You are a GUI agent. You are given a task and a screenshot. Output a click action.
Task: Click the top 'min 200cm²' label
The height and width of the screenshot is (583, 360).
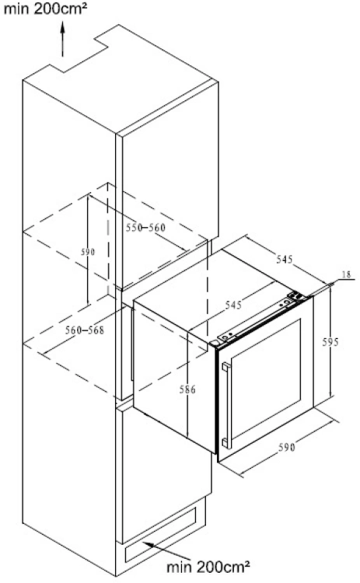tap(45, 9)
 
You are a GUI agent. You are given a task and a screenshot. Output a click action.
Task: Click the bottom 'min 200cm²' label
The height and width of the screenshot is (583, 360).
tap(208, 567)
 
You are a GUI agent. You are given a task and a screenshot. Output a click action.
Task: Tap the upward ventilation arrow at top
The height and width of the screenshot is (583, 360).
tap(62, 39)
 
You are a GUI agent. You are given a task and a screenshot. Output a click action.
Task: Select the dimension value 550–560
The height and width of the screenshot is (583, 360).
tap(145, 227)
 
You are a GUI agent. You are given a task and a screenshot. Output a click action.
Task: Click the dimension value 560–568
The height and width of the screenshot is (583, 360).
tap(85, 330)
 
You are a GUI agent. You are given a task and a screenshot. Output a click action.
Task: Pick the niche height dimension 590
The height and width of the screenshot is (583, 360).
tap(88, 252)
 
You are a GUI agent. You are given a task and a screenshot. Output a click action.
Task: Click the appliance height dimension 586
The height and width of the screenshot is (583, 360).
tap(187, 389)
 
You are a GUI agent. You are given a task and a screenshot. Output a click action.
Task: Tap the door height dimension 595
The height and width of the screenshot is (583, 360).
tap(330, 341)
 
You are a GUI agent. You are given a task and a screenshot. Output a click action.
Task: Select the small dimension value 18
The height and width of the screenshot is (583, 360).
tap(346, 274)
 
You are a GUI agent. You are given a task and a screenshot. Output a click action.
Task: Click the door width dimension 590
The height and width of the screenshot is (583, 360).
tap(287, 447)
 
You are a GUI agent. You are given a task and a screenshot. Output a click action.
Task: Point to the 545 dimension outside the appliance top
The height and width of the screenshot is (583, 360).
tap(285, 259)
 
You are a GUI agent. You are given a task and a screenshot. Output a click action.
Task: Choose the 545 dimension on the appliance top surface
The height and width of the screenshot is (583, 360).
tap(233, 305)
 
